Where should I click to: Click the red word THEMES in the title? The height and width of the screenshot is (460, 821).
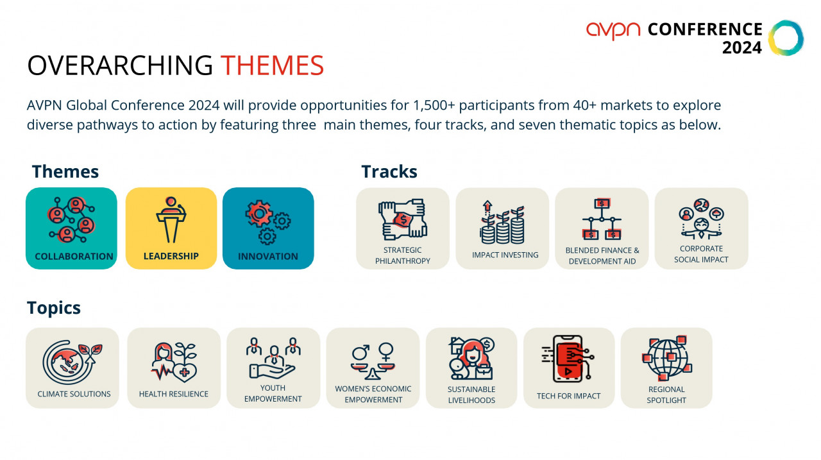272,65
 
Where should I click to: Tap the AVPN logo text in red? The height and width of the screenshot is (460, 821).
613,30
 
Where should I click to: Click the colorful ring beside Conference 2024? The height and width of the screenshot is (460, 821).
786,38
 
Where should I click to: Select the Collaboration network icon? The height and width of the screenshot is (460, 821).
71,219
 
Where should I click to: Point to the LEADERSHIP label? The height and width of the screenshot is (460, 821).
171,256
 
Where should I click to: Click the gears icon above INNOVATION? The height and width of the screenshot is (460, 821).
268,222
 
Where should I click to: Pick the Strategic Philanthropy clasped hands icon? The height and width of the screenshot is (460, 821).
403,219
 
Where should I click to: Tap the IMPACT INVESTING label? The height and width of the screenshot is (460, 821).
505,255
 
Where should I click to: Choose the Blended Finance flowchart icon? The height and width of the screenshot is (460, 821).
602,219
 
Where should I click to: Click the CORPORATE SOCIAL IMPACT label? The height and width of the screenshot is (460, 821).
701,254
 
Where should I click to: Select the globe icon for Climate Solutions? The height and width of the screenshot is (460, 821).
72,362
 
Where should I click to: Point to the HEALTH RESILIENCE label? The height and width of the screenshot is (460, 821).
173,394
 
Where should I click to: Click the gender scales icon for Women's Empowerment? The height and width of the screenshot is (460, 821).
373,361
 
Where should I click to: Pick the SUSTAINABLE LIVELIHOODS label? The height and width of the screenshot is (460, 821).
471,395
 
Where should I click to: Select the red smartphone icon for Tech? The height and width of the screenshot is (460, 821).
568,359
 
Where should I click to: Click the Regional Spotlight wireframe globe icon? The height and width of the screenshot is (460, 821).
666,358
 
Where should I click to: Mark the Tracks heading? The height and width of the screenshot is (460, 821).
389,171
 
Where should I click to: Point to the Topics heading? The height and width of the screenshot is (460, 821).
53,308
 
